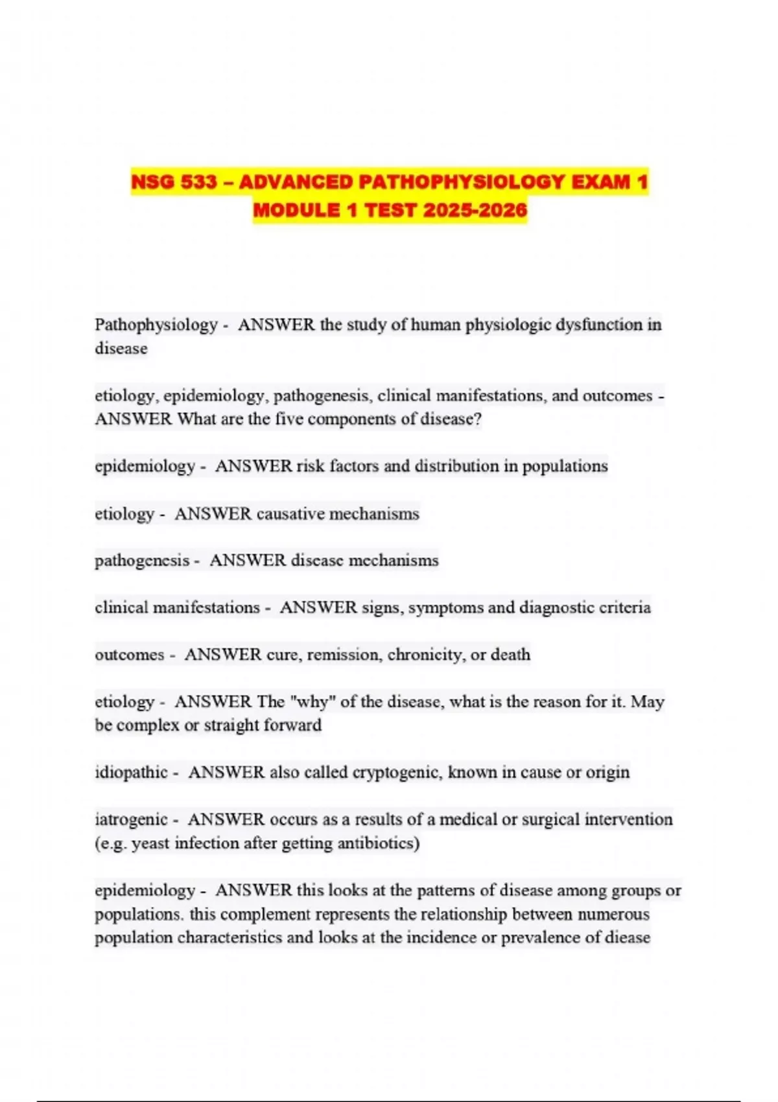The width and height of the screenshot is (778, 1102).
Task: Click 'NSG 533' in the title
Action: (x=174, y=182)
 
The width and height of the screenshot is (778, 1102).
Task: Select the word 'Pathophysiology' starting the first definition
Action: (x=156, y=325)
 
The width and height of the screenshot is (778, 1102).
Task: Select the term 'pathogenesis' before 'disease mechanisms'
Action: (x=142, y=560)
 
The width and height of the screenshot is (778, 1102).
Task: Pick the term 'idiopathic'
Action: (x=131, y=772)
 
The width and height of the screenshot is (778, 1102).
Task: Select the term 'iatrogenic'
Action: (x=131, y=819)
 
